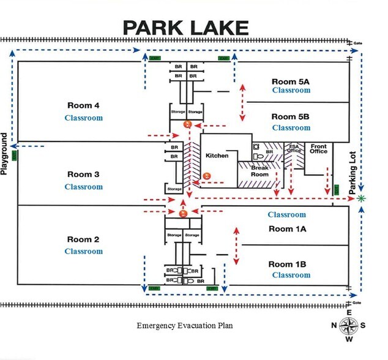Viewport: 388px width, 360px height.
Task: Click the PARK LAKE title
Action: click(x=185, y=28)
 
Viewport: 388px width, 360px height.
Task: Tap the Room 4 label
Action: click(x=84, y=104)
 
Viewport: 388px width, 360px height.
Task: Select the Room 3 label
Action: click(x=84, y=174)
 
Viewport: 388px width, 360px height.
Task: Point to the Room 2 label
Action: click(x=84, y=239)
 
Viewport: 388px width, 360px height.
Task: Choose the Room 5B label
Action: click(x=291, y=116)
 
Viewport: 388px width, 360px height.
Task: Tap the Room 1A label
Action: click(x=287, y=228)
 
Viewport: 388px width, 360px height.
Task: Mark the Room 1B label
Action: click(x=287, y=264)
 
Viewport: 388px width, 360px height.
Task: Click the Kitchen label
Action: click(x=217, y=156)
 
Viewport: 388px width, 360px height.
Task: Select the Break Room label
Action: click(x=260, y=171)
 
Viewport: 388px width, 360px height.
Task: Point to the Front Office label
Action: click(x=319, y=150)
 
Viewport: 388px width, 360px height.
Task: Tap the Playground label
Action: click(x=6, y=154)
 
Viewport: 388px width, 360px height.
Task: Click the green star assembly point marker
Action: click(x=362, y=198)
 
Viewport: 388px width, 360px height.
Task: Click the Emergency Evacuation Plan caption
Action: click(x=184, y=326)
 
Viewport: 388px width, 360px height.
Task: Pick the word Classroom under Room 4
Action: click(x=84, y=118)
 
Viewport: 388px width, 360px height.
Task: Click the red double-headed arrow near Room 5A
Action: click(x=243, y=97)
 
